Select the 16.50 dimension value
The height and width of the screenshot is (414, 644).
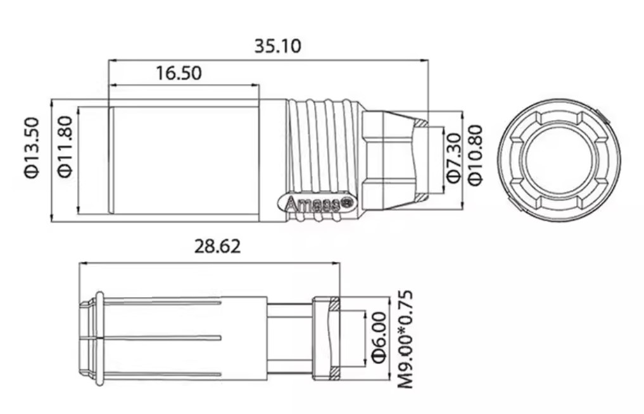point(179,73)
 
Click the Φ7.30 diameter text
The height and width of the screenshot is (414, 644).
point(453,159)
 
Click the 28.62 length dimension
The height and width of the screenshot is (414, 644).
point(217,247)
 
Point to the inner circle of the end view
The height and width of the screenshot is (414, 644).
point(559,159)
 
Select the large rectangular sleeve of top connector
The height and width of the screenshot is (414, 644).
point(184,159)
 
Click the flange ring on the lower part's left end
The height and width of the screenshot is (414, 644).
point(99,338)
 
